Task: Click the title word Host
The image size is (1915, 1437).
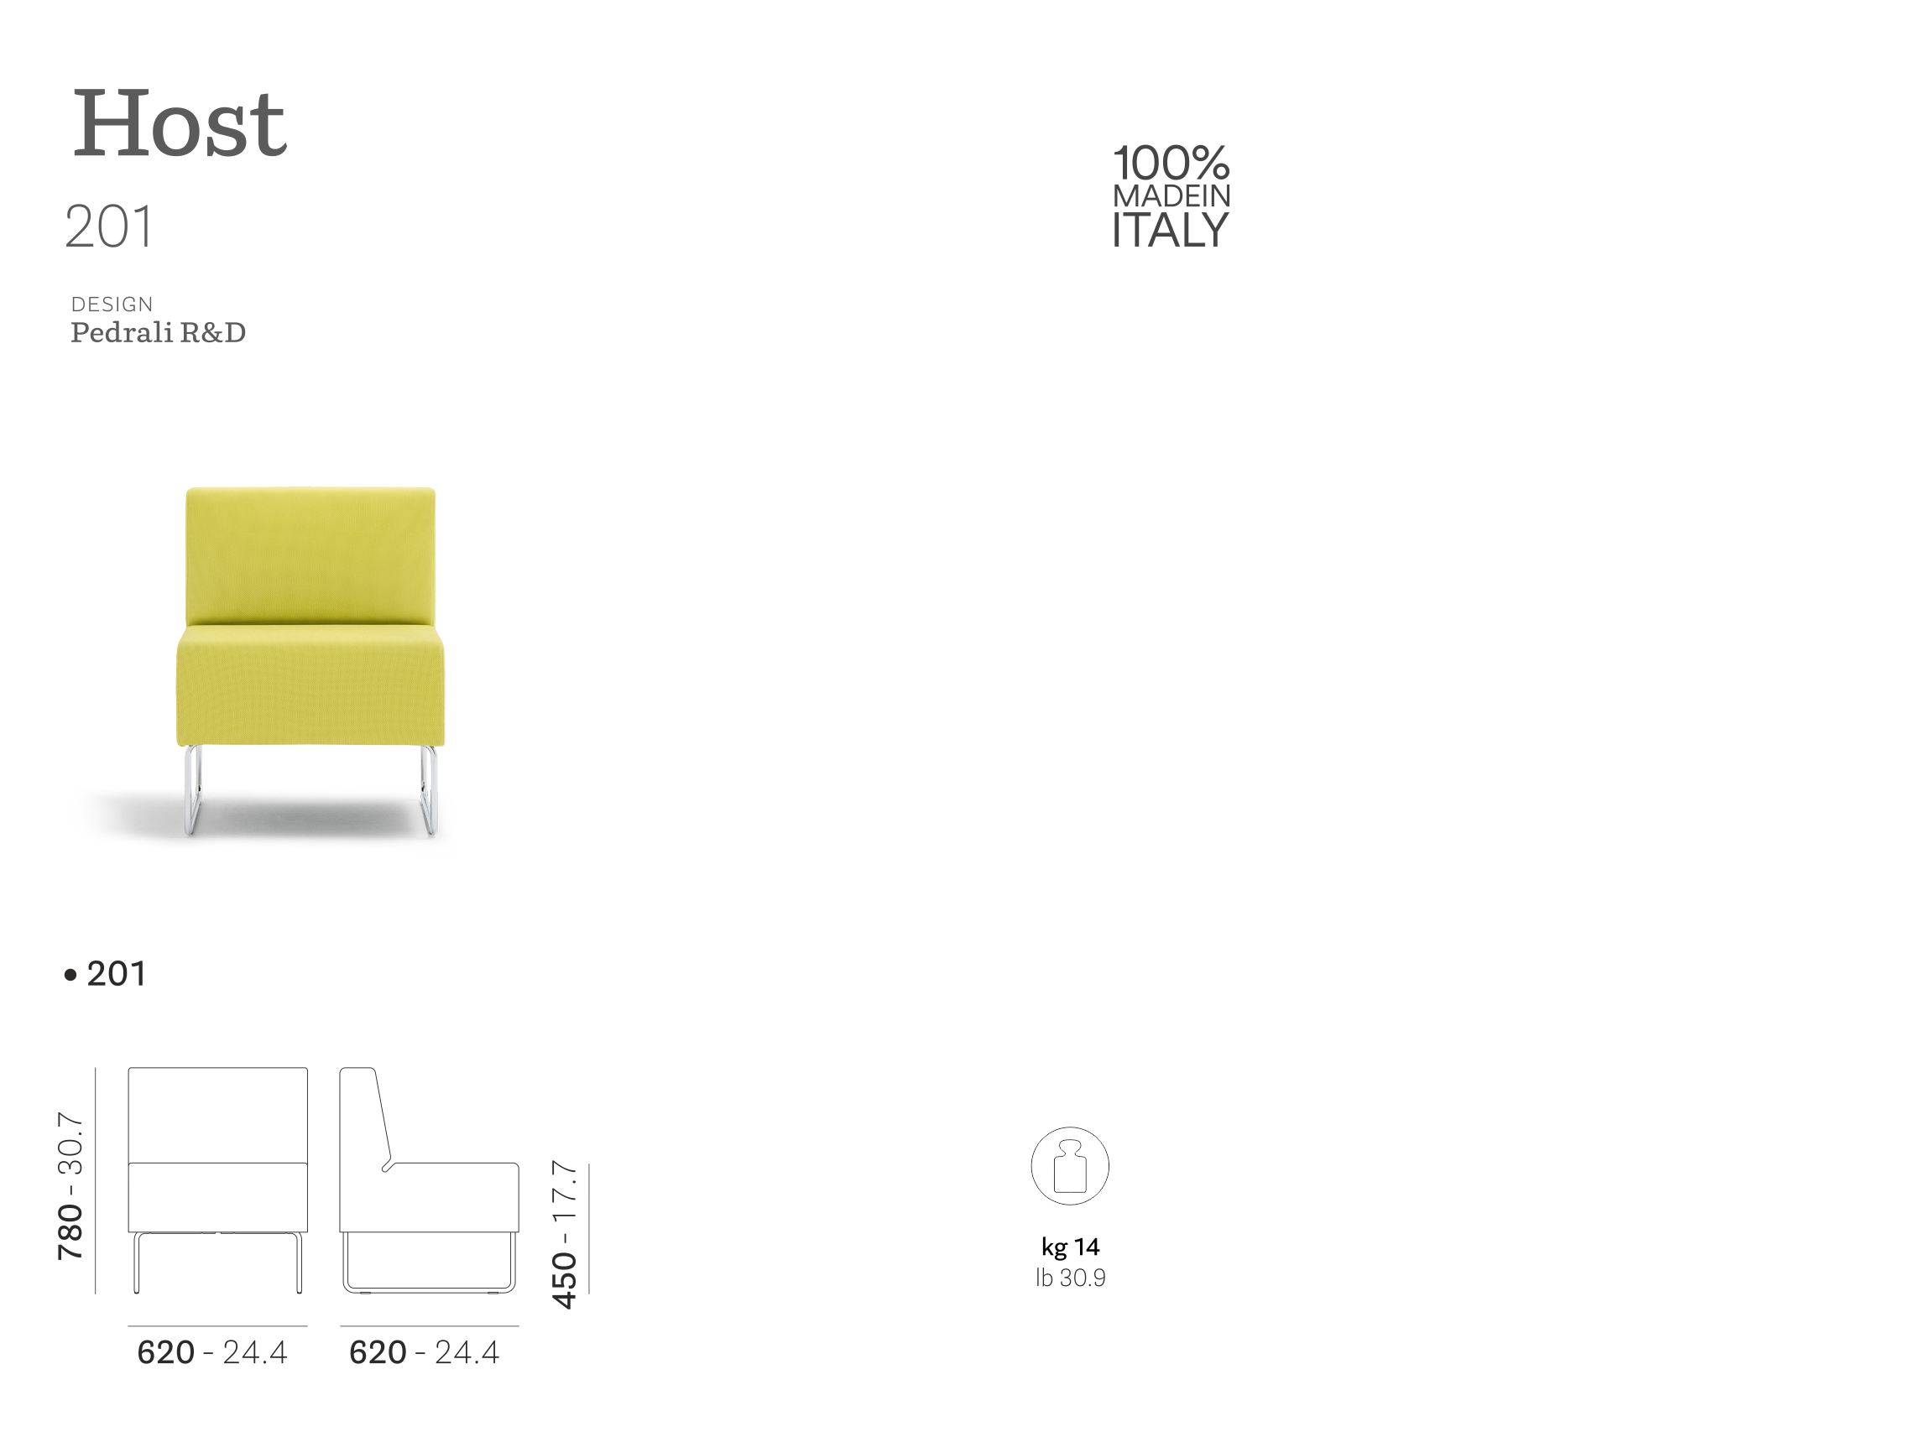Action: (179, 125)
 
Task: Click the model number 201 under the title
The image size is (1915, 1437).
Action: (109, 226)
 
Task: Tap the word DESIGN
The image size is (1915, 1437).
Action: (112, 305)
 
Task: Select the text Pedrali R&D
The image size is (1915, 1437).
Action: (158, 332)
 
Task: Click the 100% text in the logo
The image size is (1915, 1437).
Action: (1171, 164)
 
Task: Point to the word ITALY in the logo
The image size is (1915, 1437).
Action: (1171, 229)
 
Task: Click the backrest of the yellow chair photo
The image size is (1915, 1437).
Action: (309, 554)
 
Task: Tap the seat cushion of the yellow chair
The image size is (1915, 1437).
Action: (309, 684)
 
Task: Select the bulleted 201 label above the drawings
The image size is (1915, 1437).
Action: (106, 974)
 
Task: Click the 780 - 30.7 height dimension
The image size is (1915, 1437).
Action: (70, 1186)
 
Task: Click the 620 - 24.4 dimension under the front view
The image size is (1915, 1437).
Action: (212, 1352)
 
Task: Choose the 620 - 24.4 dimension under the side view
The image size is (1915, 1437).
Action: (425, 1352)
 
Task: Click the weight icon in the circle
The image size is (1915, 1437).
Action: (1070, 1166)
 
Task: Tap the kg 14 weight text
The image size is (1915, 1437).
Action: (1070, 1247)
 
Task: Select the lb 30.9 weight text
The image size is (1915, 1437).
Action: (1070, 1278)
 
